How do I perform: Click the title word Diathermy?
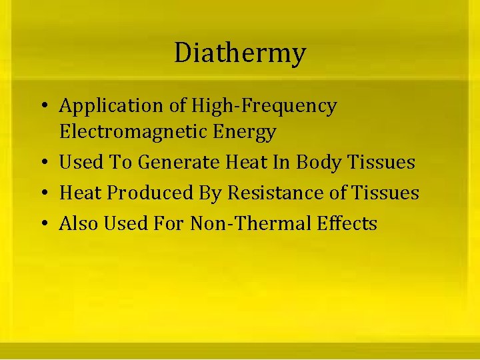coord(240,53)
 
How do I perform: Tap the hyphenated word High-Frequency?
coord(264,106)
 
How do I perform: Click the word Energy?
coord(245,132)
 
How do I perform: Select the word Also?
coord(77,223)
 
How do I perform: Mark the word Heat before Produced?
coord(81,193)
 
